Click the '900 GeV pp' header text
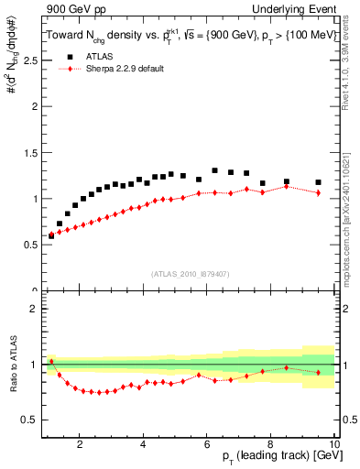point(71,9)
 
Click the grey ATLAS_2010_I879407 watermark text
point(190,274)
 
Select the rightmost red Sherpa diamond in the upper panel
point(318,193)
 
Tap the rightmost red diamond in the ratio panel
point(318,372)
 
